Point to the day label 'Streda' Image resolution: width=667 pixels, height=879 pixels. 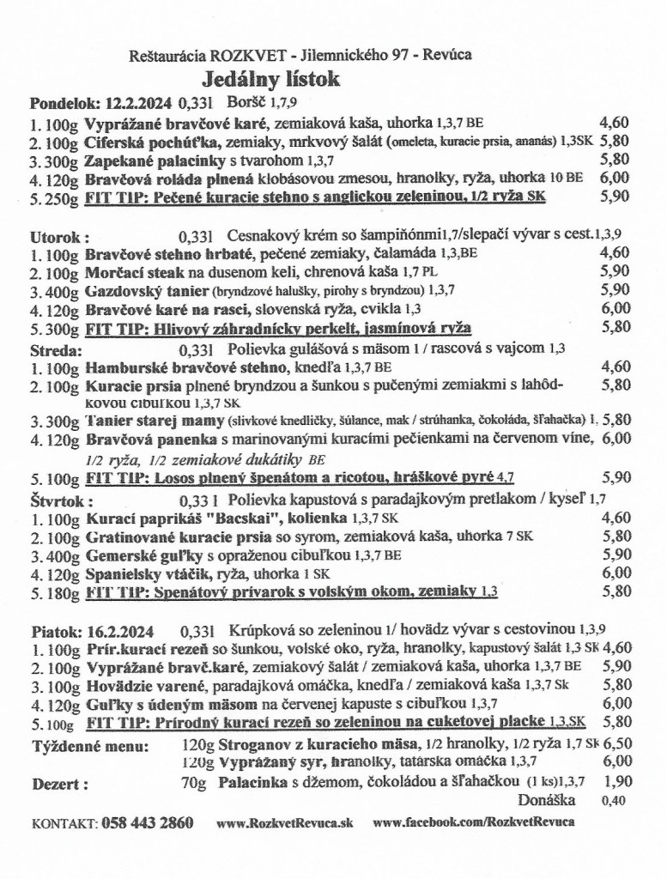57,350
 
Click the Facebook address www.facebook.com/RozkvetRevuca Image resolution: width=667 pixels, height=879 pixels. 474,822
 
